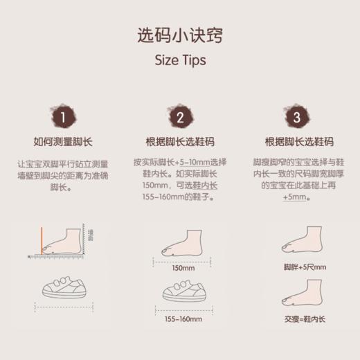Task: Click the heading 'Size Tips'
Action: [179, 60]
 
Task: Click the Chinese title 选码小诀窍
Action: [179, 35]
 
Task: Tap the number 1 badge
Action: [62, 117]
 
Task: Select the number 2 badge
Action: [180, 117]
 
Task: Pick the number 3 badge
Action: [297, 117]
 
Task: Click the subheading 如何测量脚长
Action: [62, 143]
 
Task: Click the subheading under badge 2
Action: [180, 143]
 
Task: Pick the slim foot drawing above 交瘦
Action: [303, 296]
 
